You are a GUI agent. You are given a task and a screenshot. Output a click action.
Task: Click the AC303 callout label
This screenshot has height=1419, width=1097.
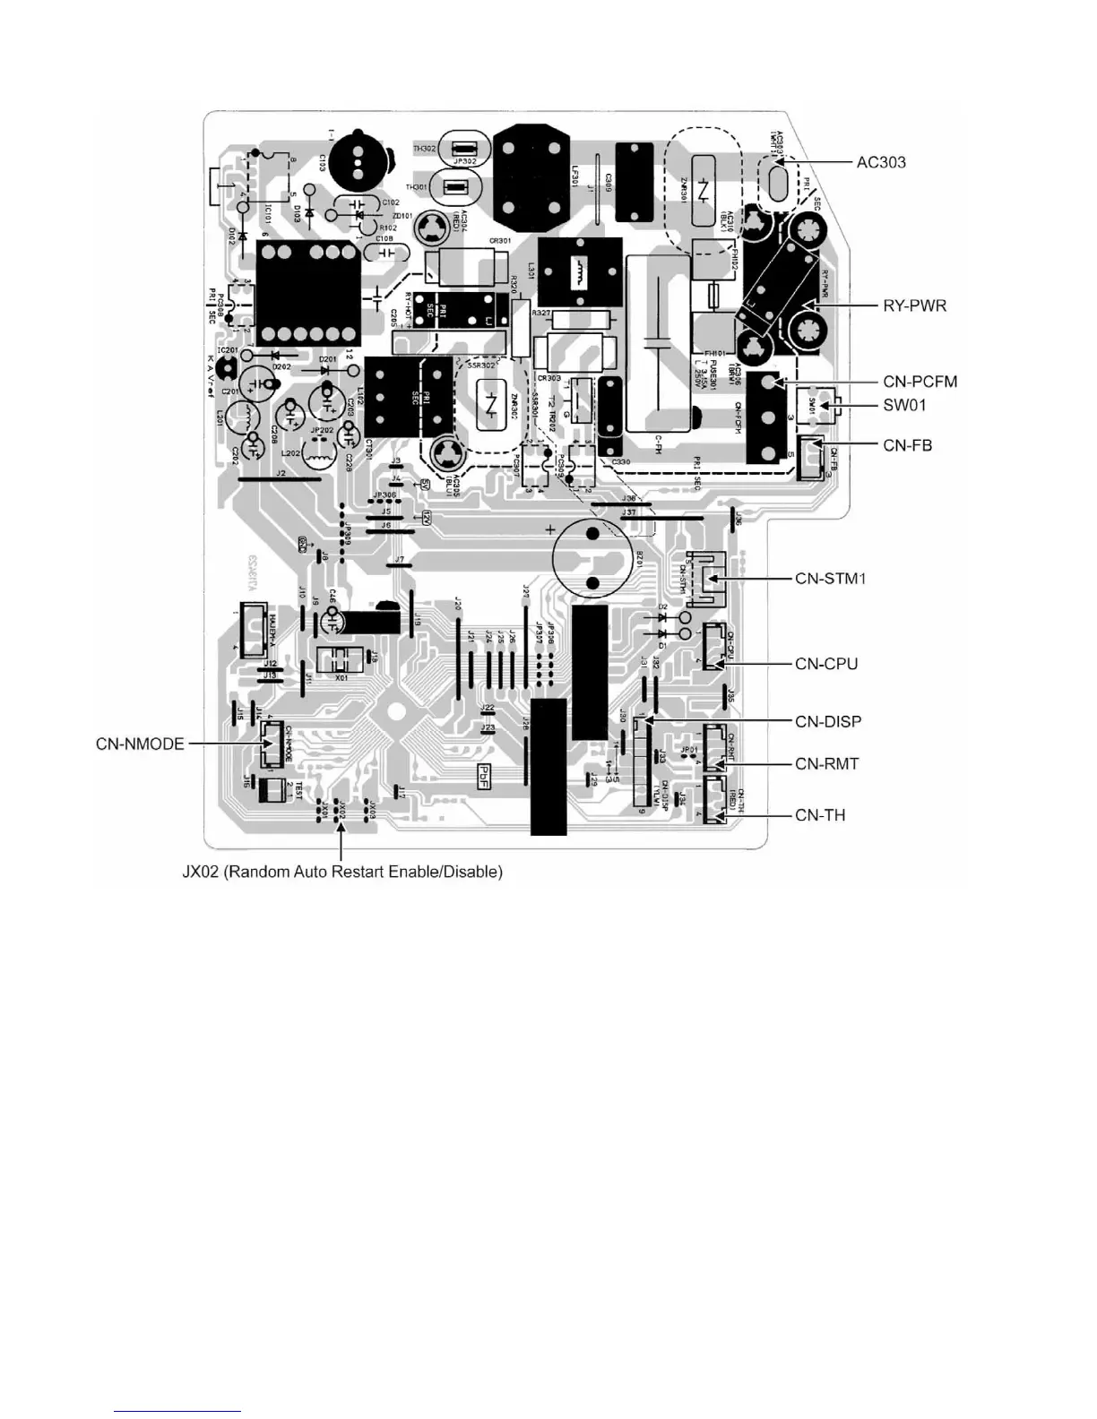coord(881,162)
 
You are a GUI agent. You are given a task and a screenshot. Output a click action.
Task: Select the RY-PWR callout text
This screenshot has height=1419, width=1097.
coord(910,305)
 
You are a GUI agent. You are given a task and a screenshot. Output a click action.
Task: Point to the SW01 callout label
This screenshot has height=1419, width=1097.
coord(904,405)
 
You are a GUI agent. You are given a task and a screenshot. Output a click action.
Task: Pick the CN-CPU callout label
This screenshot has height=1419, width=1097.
coord(826,664)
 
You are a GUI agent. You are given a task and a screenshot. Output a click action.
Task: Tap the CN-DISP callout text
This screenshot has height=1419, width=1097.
coord(828,721)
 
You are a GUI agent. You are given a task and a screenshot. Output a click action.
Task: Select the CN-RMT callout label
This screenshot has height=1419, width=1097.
coord(826,763)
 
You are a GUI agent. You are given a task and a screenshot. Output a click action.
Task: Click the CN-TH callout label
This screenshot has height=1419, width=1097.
coord(820,815)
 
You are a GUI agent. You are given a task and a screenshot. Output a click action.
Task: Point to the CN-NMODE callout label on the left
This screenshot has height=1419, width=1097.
coord(140,744)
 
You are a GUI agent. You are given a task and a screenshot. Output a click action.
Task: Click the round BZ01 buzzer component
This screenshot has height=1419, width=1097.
coord(592,557)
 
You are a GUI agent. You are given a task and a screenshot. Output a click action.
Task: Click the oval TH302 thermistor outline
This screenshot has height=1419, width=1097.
coord(462,149)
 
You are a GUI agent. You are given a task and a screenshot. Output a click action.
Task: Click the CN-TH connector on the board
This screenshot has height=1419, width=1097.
coord(717,799)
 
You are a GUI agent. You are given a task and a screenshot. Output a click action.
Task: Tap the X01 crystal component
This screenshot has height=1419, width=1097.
coord(341,661)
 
